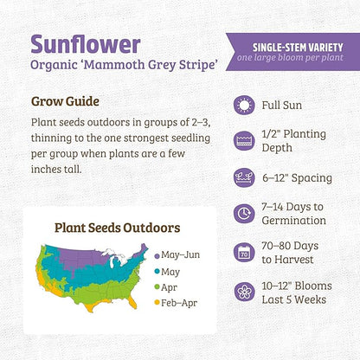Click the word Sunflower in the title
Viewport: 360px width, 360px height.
(85, 43)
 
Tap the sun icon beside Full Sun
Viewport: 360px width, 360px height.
(244, 106)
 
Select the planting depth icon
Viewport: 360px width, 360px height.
(244, 141)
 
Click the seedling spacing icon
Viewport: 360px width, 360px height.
(244, 178)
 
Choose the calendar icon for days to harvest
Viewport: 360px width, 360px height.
(244, 253)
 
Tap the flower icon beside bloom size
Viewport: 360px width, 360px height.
(244, 290)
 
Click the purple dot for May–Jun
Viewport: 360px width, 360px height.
(156, 256)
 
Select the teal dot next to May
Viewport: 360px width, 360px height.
(156, 271)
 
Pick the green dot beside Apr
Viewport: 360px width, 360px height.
(156, 286)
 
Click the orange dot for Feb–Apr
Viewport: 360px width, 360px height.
(156, 302)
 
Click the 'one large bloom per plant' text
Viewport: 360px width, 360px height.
(293, 57)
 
